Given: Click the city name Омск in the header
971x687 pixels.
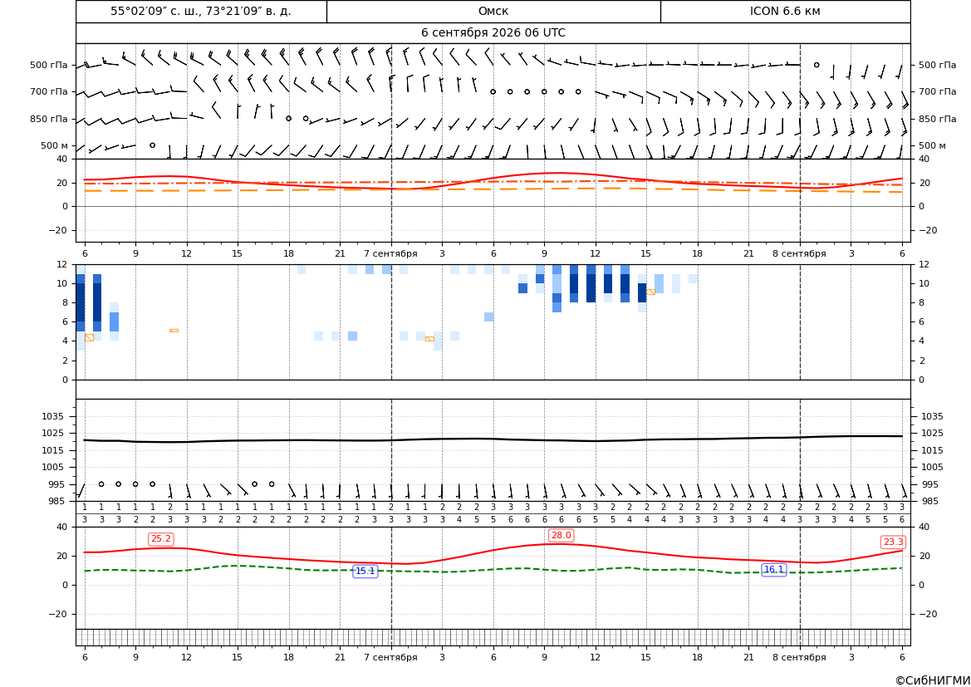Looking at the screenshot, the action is [x=493, y=11].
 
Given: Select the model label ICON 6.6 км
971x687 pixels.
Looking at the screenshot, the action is [x=785, y=11].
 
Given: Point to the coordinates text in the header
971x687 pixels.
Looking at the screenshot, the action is [x=201, y=11].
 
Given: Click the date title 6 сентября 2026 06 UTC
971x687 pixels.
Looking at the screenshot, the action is [x=493, y=33].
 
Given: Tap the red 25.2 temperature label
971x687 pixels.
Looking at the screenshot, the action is [x=161, y=539].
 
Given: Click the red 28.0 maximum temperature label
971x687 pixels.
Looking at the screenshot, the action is [x=561, y=535].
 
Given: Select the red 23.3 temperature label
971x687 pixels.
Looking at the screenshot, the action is [x=893, y=542].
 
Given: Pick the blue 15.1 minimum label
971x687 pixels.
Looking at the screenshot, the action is [x=365, y=572].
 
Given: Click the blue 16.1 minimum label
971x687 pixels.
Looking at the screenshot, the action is [x=773, y=570].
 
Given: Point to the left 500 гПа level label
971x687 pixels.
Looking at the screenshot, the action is [x=49, y=65].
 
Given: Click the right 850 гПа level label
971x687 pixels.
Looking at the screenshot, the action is [x=938, y=119].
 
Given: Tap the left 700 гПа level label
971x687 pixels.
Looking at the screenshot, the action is [x=49, y=91].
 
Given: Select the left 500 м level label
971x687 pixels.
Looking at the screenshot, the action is [x=55, y=145].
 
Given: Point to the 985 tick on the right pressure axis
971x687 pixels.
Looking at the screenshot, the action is [x=933, y=501].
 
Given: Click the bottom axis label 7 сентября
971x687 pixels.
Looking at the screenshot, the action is [x=390, y=657].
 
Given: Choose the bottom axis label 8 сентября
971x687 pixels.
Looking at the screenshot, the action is [x=799, y=657].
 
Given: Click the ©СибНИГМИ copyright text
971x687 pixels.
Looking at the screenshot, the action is [x=933, y=680].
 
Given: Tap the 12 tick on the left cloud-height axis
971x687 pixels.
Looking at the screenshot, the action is [x=62, y=264].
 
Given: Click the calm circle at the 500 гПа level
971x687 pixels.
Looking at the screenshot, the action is [x=817, y=65].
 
